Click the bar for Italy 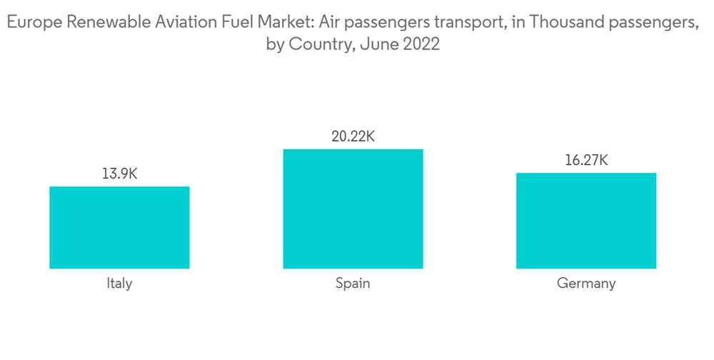[x=119, y=227]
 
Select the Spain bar [x=353, y=209]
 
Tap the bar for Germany [x=585, y=221]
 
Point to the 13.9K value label [x=119, y=174]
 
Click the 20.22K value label [x=353, y=136]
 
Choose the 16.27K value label [x=585, y=160]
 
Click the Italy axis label [x=119, y=284]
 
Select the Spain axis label [x=353, y=284]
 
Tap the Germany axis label [x=585, y=284]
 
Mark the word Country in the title [x=318, y=44]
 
